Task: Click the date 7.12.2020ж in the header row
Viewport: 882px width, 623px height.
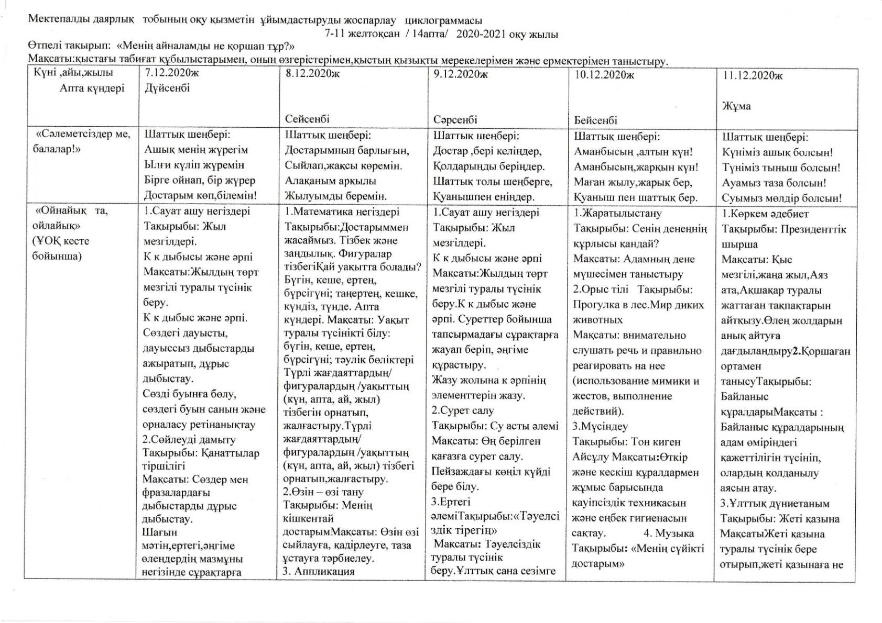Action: click(x=172, y=73)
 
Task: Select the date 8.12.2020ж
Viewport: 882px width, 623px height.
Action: click(x=312, y=73)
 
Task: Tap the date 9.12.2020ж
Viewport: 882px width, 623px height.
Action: click(x=461, y=74)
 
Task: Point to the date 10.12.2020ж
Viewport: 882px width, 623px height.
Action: click(x=604, y=75)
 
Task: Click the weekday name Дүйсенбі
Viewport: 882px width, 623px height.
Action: click(x=167, y=88)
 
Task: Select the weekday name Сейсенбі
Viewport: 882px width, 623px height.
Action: click(x=308, y=119)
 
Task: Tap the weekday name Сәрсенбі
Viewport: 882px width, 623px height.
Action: click(x=455, y=119)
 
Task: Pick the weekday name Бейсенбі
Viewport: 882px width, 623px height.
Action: click(x=596, y=120)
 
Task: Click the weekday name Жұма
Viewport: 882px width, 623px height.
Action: click(x=736, y=106)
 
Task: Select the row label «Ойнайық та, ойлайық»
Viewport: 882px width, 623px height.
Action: click(x=71, y=218)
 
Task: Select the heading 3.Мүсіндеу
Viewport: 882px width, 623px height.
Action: click(x=600, y=426)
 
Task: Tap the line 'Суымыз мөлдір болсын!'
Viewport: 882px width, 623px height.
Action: click(x=781, y=198)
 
